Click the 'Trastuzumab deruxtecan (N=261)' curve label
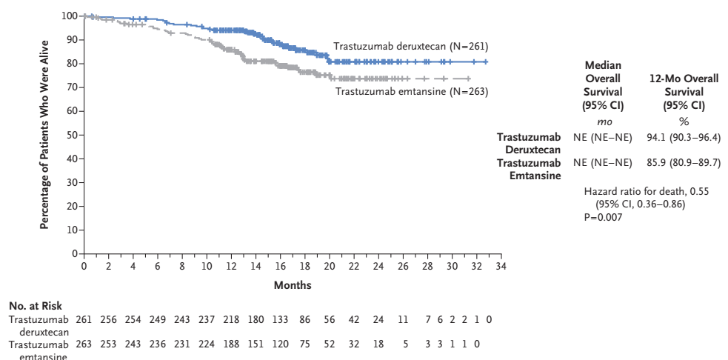pos(410,47)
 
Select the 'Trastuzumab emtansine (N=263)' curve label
pos(412,91)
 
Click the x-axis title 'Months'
pos(293,285)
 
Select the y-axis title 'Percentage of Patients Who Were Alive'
pos(44,134)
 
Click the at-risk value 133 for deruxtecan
pos(281,319)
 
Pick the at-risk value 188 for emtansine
pos(231,344)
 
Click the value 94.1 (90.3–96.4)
pos(684,137)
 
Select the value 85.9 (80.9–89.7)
pos(684,161)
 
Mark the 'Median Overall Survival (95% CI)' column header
pos(603,85)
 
